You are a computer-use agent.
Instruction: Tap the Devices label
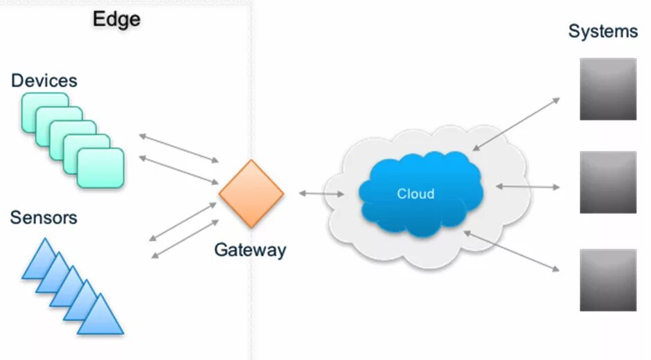[44, 80]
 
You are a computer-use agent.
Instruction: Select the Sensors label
[43, 218]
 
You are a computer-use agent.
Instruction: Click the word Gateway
[249, 250]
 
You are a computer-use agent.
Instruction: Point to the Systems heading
[603, 31]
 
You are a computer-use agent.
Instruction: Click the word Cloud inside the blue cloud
[416, 194]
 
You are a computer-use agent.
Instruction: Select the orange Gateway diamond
[251, 194]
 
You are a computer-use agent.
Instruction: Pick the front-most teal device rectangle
[100, 168]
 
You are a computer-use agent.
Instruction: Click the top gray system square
[607, 89]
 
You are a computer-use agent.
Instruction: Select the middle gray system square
[607, 182]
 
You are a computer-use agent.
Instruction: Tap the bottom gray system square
[607, 279]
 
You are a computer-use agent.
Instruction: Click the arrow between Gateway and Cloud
[321, 194]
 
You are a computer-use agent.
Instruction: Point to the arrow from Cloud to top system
[516, 124]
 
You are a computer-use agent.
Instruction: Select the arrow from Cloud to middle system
[527, 186]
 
